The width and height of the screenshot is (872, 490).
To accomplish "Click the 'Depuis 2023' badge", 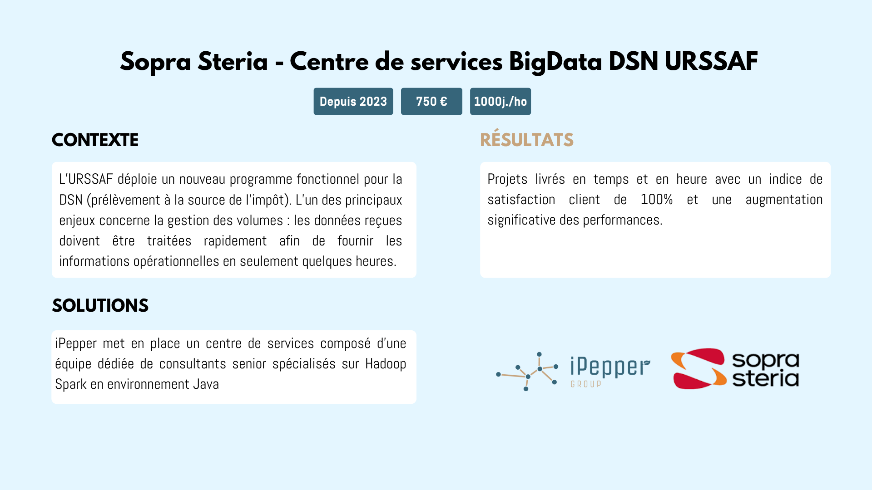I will (x=353, y=101).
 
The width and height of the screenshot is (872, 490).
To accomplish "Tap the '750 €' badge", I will (x=431, y=101).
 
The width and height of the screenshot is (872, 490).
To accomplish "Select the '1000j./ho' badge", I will (x=500, y=101).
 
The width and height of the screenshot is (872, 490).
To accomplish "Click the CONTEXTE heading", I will (x=95, y=140).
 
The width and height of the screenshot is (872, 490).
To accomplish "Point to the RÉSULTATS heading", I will (x=526, y=140).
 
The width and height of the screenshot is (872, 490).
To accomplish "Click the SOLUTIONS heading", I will (x=100, y=306).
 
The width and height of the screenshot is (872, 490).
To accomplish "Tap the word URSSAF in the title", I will (x=711, y=62).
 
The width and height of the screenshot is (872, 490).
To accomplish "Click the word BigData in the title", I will (x=555, y=62).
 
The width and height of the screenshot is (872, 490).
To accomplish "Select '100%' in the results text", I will (x=656, y=200).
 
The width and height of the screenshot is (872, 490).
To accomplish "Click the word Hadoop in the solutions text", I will (x=386, y=364).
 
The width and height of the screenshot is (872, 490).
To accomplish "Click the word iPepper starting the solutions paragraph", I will (x=75, y=343).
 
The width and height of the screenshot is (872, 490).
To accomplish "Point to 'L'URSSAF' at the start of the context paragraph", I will (x=86, y=179).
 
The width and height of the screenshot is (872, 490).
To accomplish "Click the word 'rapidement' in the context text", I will (x=235, y=241).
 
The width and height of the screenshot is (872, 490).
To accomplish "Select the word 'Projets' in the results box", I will (x=507, y=179).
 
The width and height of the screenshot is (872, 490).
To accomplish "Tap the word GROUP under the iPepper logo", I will (x=586, y=384).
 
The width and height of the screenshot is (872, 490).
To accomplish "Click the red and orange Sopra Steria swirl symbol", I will (x=698, y=368).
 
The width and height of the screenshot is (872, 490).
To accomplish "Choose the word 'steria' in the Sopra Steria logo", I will (x=766, y=378).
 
